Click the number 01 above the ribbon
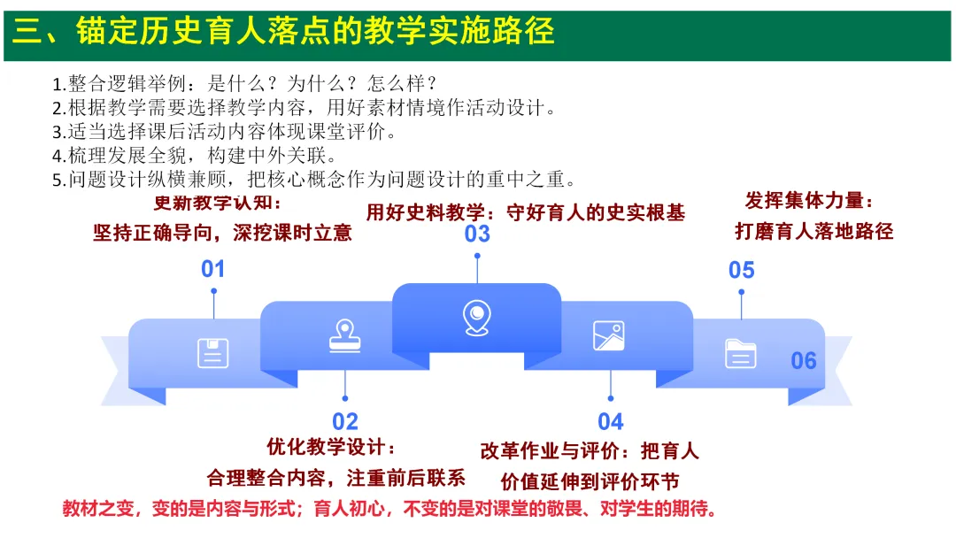[212, 269]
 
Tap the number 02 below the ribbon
[345, 421]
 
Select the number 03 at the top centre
[477, 234]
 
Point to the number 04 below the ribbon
[610, 421]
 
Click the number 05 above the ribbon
[742, 270]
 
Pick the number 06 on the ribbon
[804, 361]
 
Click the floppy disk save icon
[213, 353]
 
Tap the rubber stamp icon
[345, 335]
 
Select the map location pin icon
[477, 318]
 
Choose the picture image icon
[608, 335]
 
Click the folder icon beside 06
[741, 353]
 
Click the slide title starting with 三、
[283, 30]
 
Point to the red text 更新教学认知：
[218, 203]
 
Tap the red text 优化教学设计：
[331, 447]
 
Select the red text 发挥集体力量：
[809, 201]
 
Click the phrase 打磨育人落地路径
[814, 231]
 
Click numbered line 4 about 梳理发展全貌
[195, 156]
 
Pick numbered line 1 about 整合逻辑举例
[244, 83]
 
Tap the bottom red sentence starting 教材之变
[389, 508]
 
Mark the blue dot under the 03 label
[477, 256]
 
